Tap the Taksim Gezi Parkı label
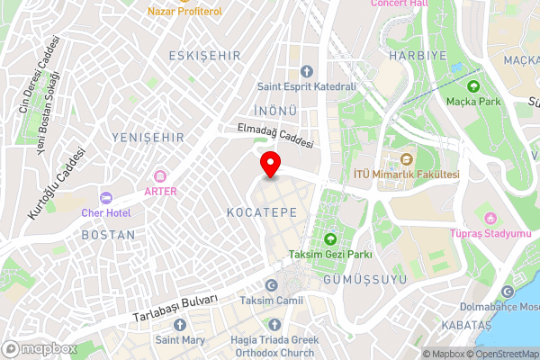coord(329,255)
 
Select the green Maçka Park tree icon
coord(473,86)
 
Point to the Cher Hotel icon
coord(105,197)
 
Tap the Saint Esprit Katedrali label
coord(306,86)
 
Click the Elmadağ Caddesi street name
coord(274,136)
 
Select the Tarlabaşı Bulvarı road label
coord(175,309)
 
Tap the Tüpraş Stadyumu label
coord(491,234)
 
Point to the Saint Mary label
coord(180,340)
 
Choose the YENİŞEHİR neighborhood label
coord(148,137)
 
